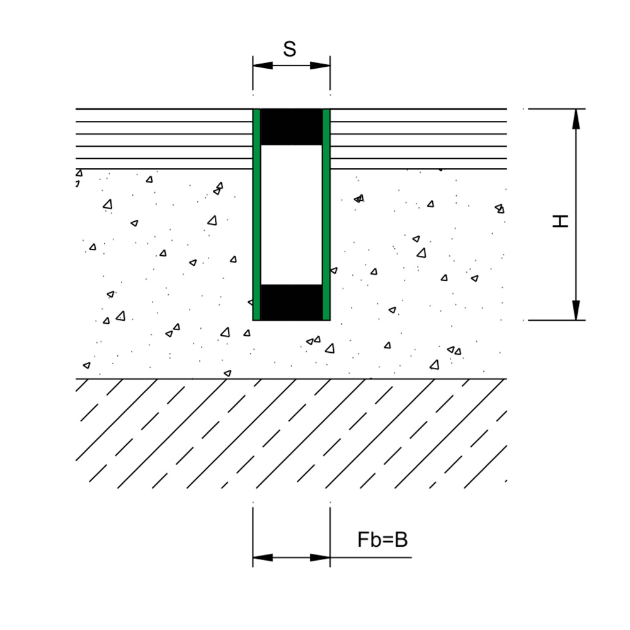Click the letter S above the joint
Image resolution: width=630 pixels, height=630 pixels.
289,49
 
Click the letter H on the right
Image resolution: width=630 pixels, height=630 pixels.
561,221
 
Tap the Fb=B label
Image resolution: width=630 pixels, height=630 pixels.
382,539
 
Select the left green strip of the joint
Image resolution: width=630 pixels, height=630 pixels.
256,215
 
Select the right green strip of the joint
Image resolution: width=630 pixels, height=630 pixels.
326,215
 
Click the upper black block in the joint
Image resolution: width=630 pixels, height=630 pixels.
291,127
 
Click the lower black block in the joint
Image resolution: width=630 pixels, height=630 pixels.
291,302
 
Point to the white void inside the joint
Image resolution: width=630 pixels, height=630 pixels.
291,215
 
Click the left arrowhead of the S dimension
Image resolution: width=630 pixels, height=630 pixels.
263,66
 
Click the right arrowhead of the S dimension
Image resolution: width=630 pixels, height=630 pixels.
320,66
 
